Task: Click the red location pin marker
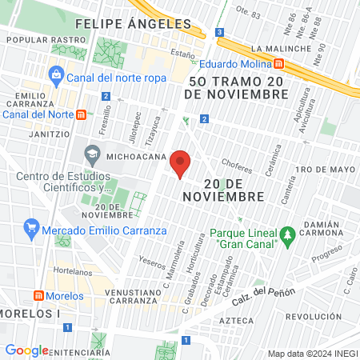point(181,163)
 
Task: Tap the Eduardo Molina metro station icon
point(278,62)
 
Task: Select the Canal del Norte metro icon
point(81,114)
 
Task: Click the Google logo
point(26,350)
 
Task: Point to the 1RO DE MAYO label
point(324,170)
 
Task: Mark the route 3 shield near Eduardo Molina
point(219,32)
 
